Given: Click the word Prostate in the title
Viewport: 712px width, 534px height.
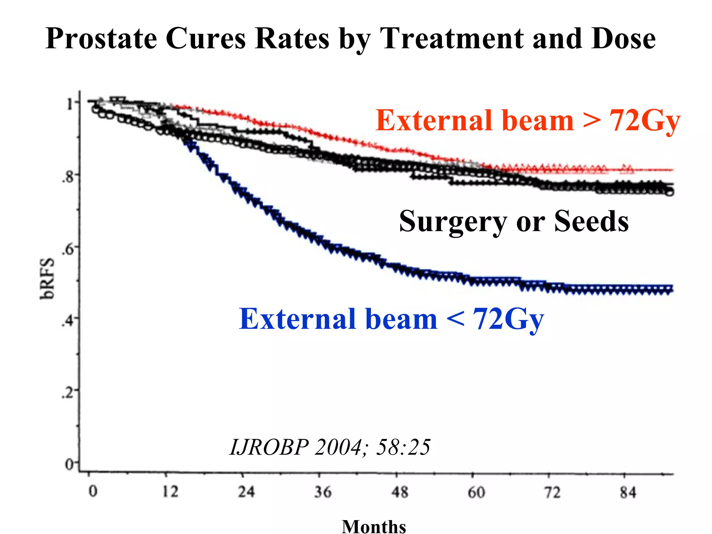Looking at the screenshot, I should coord(101,39).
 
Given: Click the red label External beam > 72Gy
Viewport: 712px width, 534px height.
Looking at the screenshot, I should coord(527,121).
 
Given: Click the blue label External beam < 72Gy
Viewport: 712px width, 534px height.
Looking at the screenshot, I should coord(391,319).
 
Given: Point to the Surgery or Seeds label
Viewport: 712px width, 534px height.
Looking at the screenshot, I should coord(513,221).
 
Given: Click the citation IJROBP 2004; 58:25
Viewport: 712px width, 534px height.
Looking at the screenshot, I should coord(330,447).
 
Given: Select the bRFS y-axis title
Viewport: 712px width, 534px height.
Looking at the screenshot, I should coord(47,278).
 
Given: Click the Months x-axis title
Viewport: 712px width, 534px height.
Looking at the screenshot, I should coord(374,526).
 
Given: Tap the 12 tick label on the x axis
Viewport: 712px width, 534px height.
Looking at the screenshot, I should coord(170,492).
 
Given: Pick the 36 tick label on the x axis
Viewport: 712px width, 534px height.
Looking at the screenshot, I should coord(323,492).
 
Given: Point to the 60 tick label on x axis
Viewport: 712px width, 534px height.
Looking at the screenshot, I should coord(476,492).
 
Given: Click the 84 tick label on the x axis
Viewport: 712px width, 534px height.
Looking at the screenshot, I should coord(628,493).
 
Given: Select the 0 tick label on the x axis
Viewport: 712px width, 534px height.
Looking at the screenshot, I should coord(93,492).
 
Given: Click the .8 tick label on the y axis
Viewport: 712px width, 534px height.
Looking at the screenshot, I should coord(68,177).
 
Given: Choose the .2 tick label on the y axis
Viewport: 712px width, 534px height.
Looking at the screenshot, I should coord(68,393).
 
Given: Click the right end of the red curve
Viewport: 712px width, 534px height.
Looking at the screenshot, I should coord(672,170).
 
